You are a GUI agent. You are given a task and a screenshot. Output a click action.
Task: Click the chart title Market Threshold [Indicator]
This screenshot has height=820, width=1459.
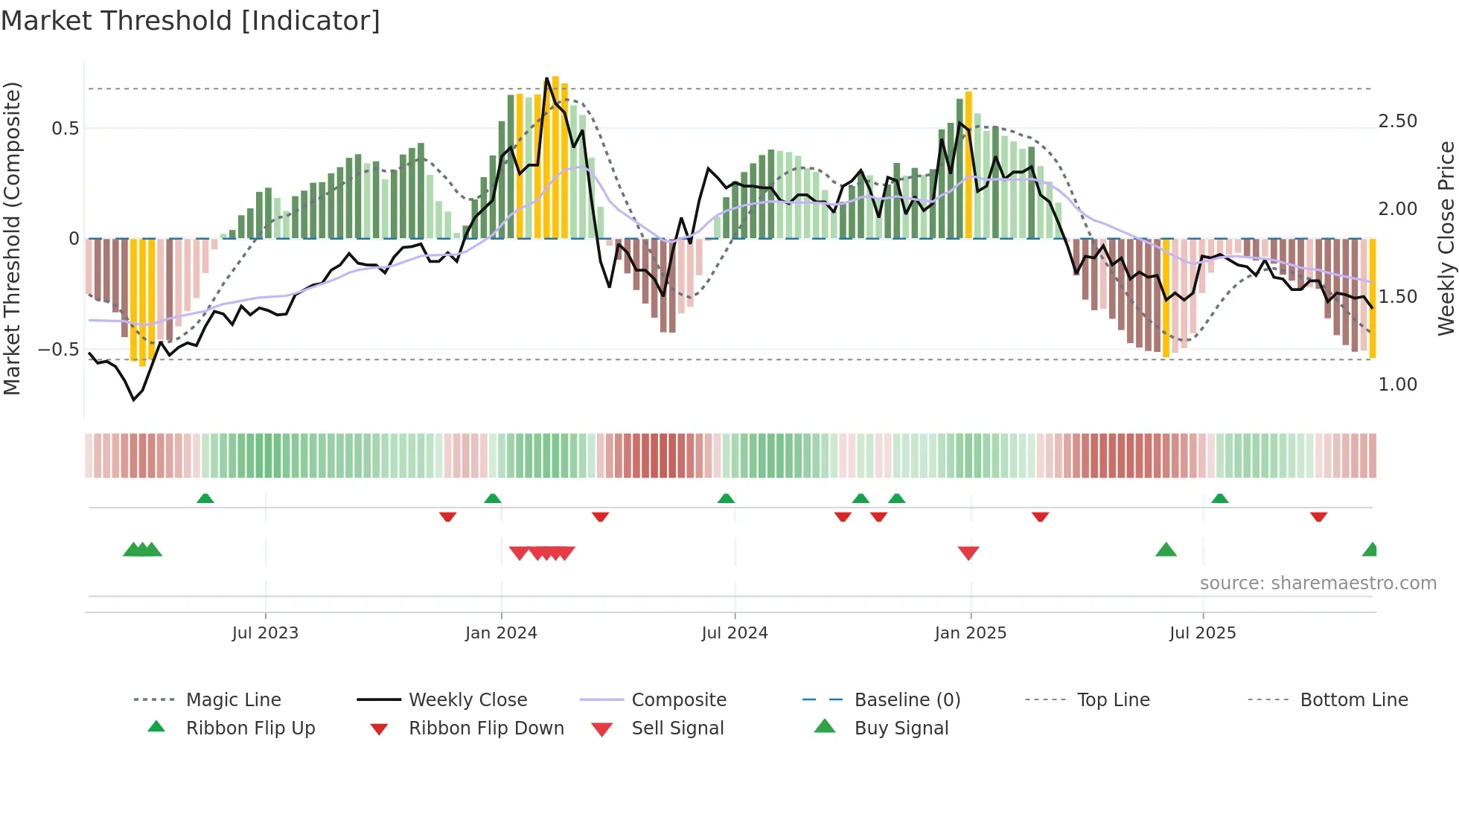[191, 21]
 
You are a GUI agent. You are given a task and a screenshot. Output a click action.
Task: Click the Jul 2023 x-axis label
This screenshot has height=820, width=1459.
[265, 633]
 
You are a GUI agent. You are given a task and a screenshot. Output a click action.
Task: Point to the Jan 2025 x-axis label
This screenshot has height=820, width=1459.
[970, 633]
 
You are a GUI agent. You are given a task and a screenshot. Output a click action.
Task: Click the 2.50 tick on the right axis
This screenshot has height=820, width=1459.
[1397, 121]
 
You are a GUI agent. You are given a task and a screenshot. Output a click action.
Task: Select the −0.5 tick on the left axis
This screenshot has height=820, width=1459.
[59, 350]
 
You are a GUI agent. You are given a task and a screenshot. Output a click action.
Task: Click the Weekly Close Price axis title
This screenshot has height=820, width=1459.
[1446, 238]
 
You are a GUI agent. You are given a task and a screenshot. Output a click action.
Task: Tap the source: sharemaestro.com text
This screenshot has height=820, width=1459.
[1318, 583]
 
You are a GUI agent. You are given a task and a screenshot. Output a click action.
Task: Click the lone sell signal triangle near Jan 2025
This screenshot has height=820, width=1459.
[968, 553]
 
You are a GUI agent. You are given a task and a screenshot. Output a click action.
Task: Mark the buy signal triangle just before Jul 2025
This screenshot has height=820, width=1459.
[1166, 550]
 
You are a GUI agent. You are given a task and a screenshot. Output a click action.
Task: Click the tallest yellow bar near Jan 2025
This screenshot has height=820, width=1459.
[968, 164]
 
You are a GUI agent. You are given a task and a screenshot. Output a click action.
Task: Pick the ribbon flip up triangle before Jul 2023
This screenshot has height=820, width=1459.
[205, 499]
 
